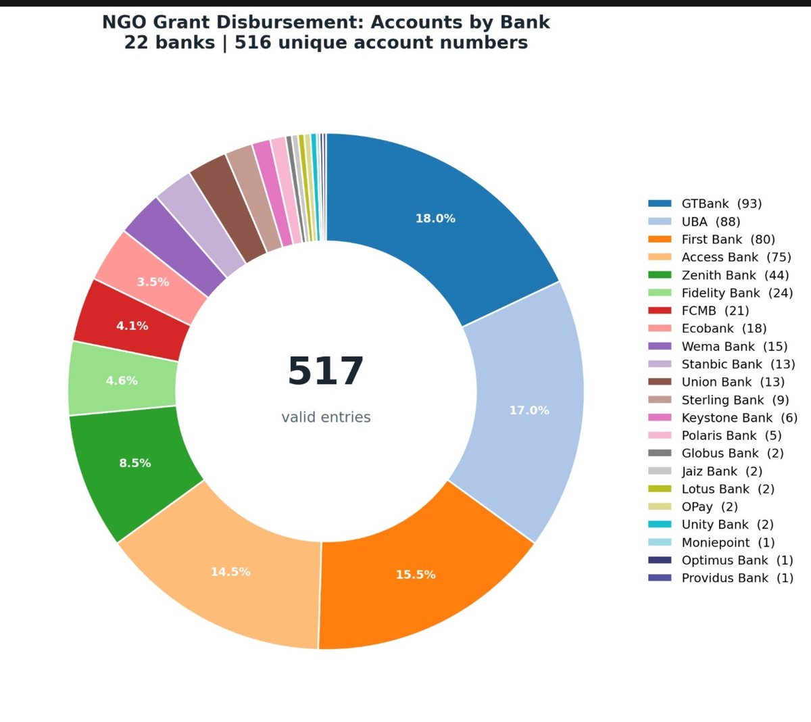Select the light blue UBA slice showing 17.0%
pyautogui.click(x=529, y=410)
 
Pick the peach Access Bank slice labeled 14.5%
pyautogui.click(x=230, y=573)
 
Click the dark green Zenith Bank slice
pyautogui.click(x=134, y=464)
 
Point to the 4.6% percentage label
pyautogui.click(x=122, y=381)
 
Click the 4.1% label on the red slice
pyautogui.click(x=132, y=326)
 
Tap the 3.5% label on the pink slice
pyautogui.click(x=153, y=282)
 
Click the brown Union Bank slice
pyautogui.click(x=228, y=208)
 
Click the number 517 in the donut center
pyautogui.click(x=326, y=371)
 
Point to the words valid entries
pyautogui.click(x=326, y=417)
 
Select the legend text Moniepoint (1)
pyautogui.click(x=728, y=543)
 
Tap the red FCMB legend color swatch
pyautogui.click(x=660, y=310)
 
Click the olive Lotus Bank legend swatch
pyautogui.click(x=660, y=489)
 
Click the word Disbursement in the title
pyautogui.click(x=290, y=22)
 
